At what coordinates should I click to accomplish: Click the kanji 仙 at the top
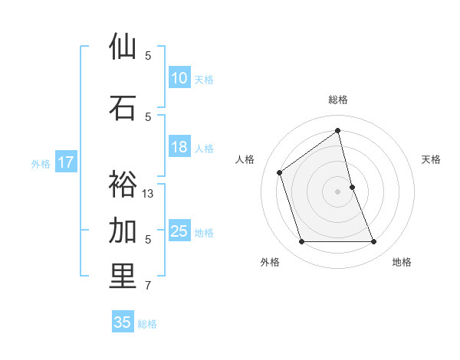point(123,47)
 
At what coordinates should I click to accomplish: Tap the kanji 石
point(123,108)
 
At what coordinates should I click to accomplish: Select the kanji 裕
point(123,185)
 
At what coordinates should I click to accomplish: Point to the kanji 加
point(123,231)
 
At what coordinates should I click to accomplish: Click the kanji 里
point(123,277)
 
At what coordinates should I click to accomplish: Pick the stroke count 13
point(148,194)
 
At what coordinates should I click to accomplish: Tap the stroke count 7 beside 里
point(148,286)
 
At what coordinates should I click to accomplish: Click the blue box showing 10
point(179,78)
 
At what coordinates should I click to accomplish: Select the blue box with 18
point(179,148)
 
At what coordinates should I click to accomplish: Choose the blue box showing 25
point(179,231)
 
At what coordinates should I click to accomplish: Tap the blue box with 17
point(65,162)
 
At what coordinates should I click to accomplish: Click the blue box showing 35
point(122,322)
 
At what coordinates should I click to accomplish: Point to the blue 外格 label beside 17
point(40,163)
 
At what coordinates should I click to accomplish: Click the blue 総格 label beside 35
point(147,324)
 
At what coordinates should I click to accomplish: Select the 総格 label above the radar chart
point(338,100)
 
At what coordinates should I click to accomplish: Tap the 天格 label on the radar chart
point(431,159)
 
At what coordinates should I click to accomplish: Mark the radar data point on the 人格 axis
point(280,172)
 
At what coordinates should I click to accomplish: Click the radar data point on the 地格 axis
point(374,242)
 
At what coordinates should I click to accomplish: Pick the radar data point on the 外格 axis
point(301,242)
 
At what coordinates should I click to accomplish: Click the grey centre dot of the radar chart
point(338,191)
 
